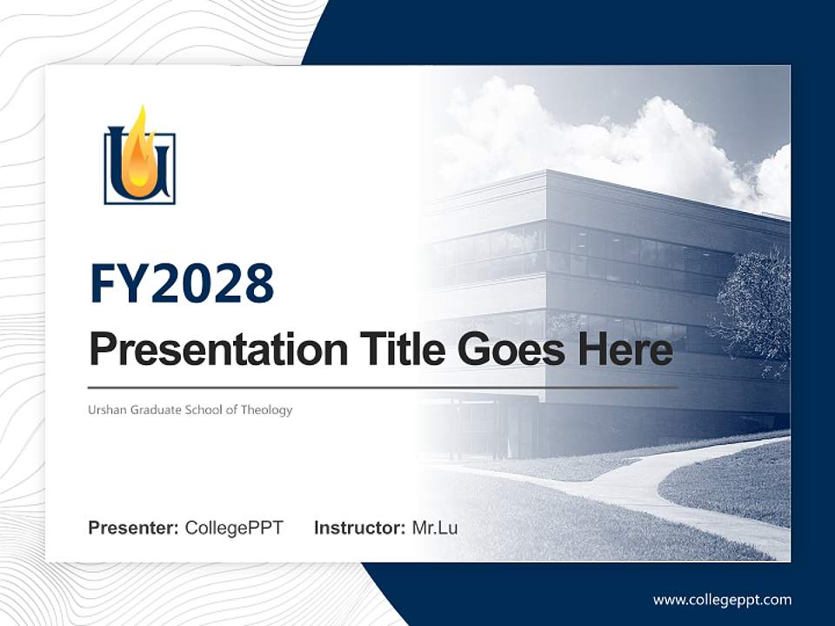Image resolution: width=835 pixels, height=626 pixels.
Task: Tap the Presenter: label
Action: [x=133, y=528]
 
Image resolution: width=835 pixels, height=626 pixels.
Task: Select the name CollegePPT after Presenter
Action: [x=234, y=528]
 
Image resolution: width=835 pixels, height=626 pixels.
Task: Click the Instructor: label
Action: [x=359, y=528]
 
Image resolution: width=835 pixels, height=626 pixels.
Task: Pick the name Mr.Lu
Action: [x=435, y=528]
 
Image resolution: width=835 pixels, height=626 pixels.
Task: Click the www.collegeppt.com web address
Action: [x=722, y=599]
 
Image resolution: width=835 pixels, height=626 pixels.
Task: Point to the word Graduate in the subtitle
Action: [x=156, y=410]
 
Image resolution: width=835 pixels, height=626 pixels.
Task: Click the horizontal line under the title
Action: [x=383, y=387]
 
